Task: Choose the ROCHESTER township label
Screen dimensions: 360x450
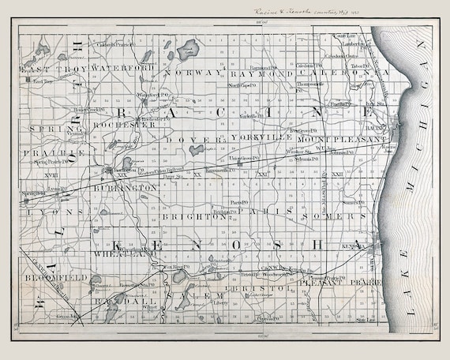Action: coord(124,125)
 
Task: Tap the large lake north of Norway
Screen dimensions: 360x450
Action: coord(186,50)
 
